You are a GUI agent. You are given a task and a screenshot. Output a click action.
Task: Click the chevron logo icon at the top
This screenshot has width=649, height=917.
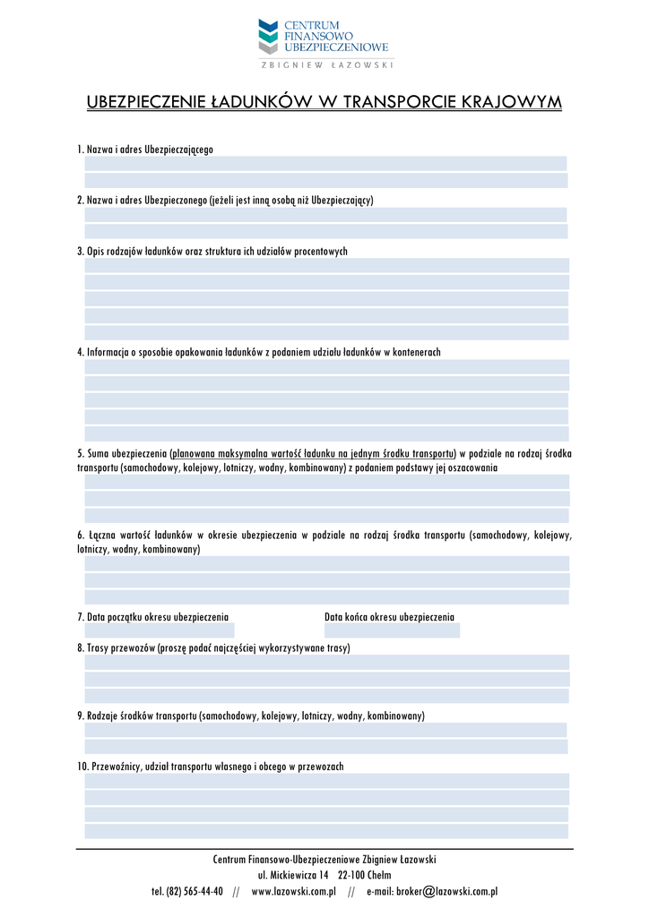pos(268,37)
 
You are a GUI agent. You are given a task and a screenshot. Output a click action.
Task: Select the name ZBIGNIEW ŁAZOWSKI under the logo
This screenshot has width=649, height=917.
pos(326,64)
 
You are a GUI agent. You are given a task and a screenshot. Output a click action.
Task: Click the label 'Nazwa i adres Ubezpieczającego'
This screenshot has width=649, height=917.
pos(150,149)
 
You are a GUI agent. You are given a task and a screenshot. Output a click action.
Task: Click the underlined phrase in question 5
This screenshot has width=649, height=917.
pos(312,453)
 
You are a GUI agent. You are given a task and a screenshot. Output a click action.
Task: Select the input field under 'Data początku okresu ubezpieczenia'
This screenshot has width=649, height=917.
pos(159,630)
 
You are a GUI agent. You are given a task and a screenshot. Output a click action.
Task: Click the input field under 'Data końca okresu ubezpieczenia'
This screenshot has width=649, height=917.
pos(392,630)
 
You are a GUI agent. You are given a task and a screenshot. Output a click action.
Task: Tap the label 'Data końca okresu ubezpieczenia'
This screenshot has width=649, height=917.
pos(389,617)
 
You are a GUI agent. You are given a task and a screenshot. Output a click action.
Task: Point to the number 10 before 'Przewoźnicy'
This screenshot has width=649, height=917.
pos(82,767)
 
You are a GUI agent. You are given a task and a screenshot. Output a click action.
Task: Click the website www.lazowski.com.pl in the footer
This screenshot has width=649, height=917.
pos(293,892)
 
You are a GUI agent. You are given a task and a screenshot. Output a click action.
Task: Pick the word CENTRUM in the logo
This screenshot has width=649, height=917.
pos(311,24)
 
